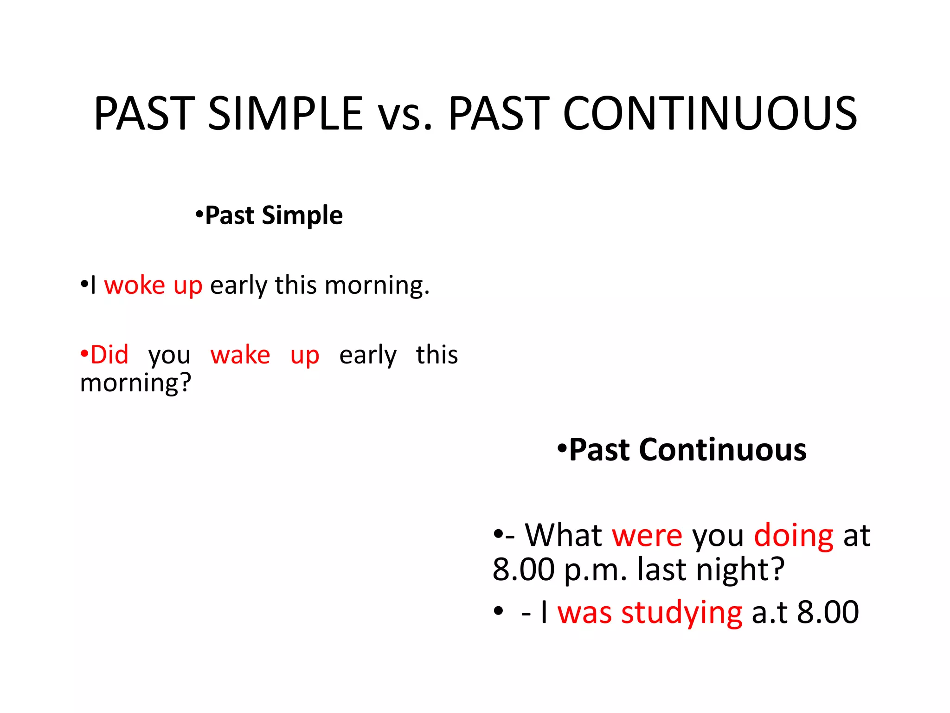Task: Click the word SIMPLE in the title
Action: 285,113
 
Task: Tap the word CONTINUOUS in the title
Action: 710,113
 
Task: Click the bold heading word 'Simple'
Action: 302,216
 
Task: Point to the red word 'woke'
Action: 135,285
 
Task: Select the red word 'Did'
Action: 109,355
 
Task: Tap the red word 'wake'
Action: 240,355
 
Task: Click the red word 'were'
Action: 647,536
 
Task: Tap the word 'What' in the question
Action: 563,536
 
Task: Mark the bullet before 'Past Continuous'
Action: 562,449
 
